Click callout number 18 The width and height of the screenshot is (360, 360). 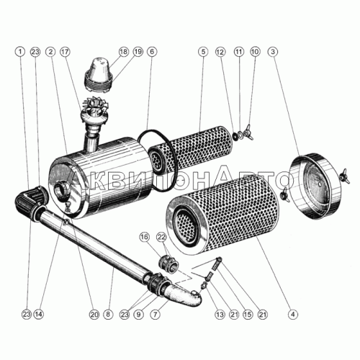pos(124,52)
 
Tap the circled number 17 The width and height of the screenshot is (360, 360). pos(65,52)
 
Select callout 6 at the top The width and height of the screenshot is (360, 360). pos(153,52)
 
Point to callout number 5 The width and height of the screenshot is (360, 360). pos(203,52)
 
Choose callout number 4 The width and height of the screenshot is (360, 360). pos(293,314)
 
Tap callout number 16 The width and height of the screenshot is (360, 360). pos(145,237)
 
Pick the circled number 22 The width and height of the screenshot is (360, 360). pos(161,237)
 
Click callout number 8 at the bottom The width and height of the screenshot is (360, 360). pos(108,314)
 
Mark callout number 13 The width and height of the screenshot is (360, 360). pos(220,314)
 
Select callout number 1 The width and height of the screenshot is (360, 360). pos(20,52)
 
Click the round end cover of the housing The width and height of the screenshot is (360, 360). pos(315,186)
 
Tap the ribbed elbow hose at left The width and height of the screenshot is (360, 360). pos(30,199)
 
